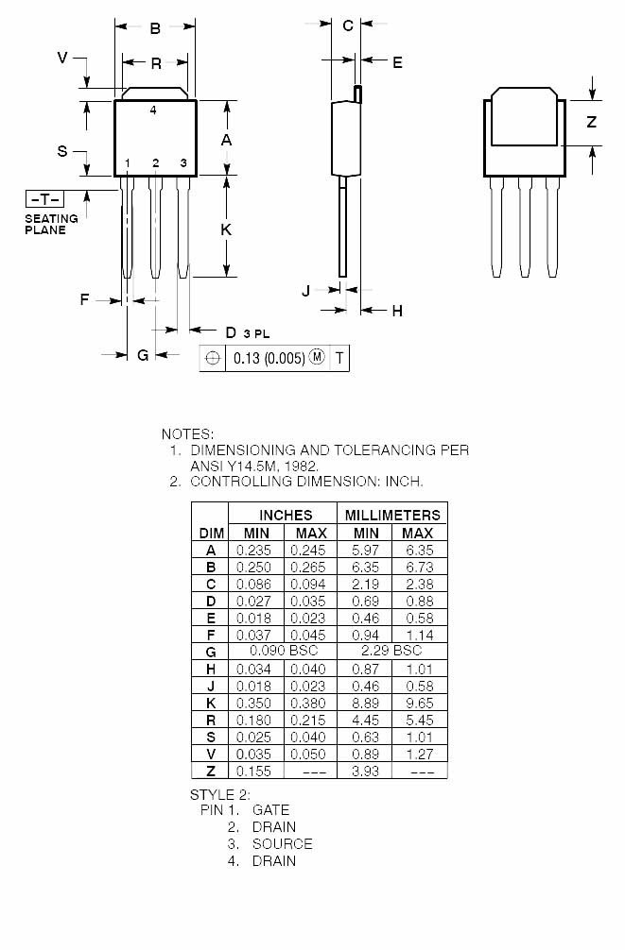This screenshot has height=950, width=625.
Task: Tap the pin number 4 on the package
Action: (154, 110)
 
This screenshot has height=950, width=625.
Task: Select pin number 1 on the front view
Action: (128, 163)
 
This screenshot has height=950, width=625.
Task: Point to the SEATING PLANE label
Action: (51, 224)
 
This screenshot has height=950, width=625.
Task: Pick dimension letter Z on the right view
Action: (591, 122)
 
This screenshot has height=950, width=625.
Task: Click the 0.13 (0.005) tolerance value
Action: (269, 358)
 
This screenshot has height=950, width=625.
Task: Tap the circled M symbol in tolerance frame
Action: (317, 358)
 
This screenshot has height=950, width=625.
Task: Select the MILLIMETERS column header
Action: (392, 515)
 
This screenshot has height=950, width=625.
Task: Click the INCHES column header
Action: (285, 515)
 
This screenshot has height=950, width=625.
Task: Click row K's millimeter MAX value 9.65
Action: (418, 703)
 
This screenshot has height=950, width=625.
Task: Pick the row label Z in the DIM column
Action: (211, 772)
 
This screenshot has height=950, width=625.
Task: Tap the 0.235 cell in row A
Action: (253, 550)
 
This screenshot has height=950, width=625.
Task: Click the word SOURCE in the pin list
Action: (282, 843)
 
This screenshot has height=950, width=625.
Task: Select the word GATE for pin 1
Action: (270, 809)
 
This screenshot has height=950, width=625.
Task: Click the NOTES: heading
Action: (187, 433)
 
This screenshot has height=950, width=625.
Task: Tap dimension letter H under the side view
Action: (397, 311)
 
